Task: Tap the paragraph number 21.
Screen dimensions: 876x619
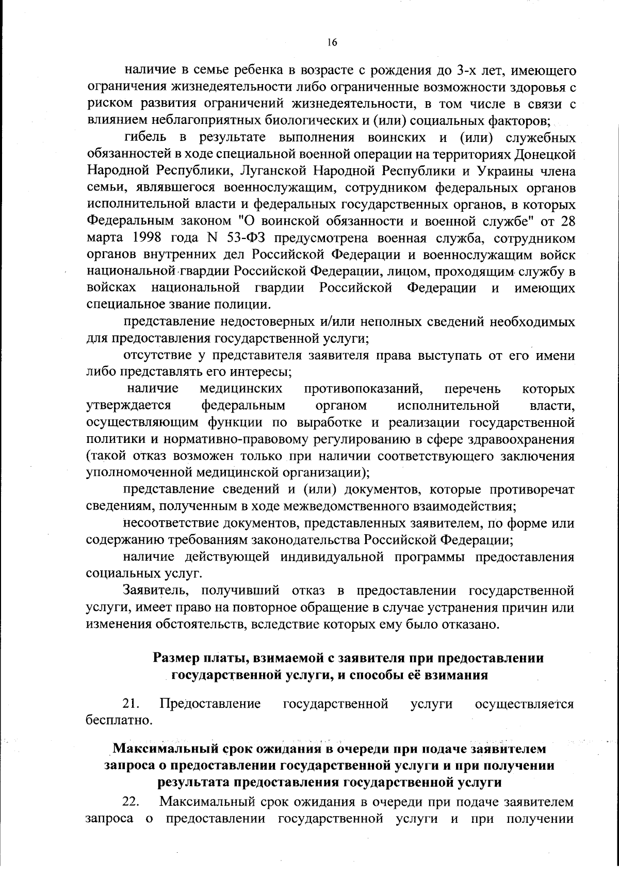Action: point(132,704)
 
